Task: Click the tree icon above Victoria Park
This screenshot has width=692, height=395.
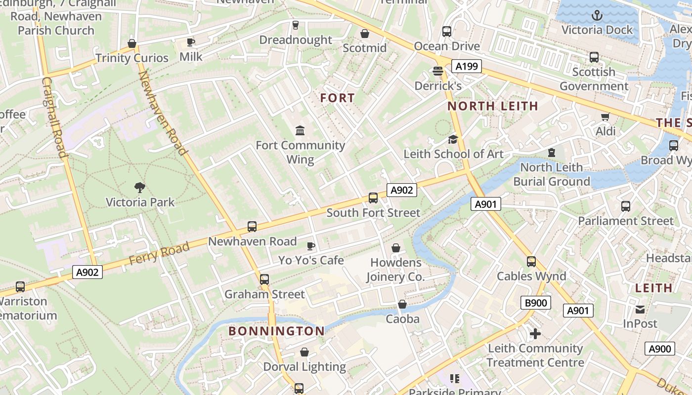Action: click(140, 187)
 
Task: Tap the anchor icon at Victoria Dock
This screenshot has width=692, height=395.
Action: click(597, 15)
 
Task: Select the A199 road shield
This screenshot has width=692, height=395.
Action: click(466, 66)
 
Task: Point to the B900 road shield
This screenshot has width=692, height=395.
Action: click(535, 303)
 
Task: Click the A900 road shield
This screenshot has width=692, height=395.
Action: click(659, 349)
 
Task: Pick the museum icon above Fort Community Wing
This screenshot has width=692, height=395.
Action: click(300, 130)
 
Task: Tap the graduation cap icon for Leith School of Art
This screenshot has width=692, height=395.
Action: click(453, 139)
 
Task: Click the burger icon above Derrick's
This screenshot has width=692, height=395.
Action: click(437, 71)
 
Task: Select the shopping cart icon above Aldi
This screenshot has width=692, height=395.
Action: click(605, 117)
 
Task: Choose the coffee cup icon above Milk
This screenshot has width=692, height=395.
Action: click(191, 42)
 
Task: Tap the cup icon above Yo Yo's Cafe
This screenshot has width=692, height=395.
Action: click(311, 245)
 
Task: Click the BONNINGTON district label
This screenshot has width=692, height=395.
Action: click(276, 331)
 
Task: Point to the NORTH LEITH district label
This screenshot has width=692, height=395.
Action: click(492, 106)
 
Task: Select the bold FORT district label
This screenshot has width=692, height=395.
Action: click(337, 98)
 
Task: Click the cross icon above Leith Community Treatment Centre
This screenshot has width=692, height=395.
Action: click(535, 334)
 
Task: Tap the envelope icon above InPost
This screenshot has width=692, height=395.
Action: click(640, 310)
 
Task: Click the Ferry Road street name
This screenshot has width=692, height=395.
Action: click(159, 253)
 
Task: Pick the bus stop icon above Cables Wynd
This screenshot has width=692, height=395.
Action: click(531, 262)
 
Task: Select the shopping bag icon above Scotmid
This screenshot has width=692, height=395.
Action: click(365, 34)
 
